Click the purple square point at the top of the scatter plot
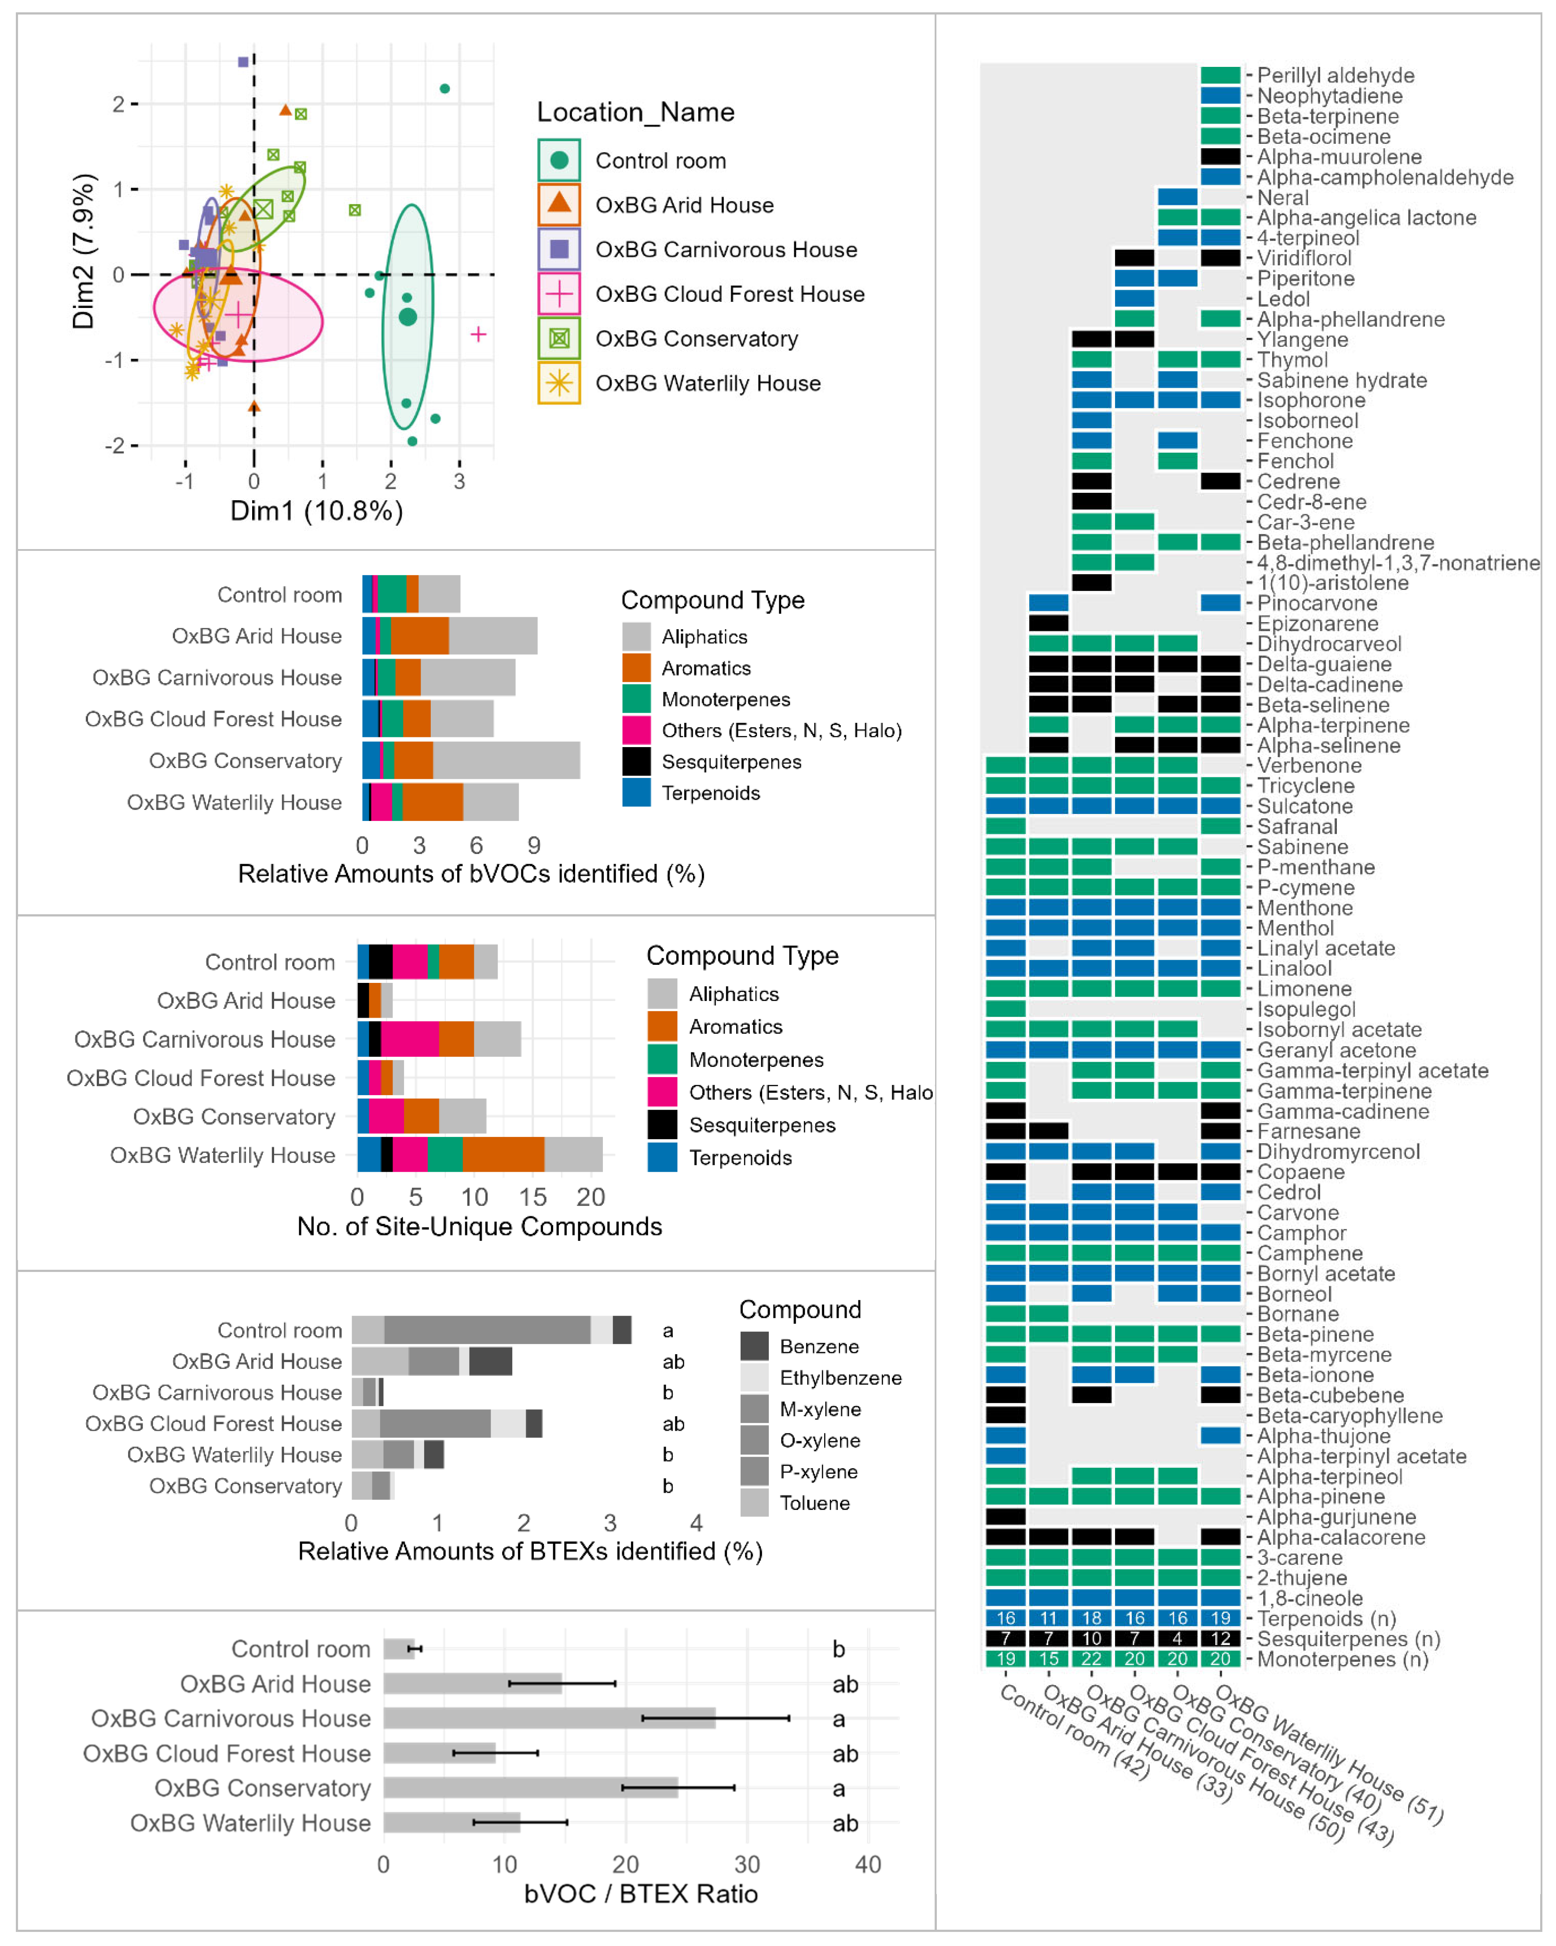tap(243, 62)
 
